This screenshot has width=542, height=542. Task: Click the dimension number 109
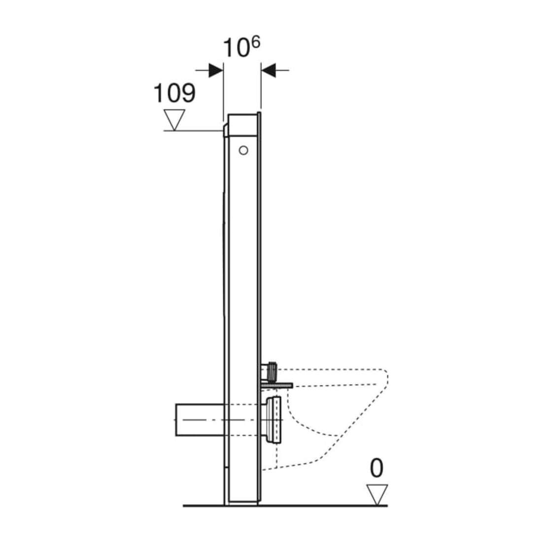coord(174,93)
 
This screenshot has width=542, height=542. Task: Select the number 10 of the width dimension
coord(236,48)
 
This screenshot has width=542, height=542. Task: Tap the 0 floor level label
coord(376,469)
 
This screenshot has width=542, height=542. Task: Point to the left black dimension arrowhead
coord(216,70)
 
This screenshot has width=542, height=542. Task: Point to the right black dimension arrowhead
coord(268,70)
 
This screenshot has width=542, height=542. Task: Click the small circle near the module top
coord(243,150)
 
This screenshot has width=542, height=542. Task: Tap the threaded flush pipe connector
coord(271,371)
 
